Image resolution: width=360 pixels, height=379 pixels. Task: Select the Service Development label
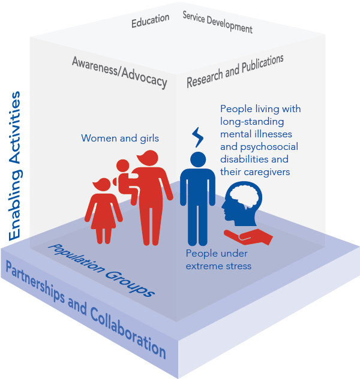[x=217, y=22]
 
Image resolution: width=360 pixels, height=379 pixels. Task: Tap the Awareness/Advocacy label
[x=119, y=71]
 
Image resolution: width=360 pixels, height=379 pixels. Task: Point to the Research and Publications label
[x=235, y=71]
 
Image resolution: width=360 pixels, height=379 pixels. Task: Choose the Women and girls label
[x=120, y=139]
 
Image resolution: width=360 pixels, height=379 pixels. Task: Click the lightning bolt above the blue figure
[x=198, y=137]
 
